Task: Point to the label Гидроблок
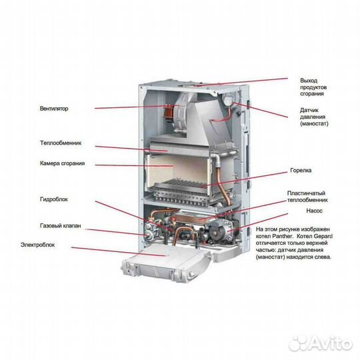click(x=53, y=199)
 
